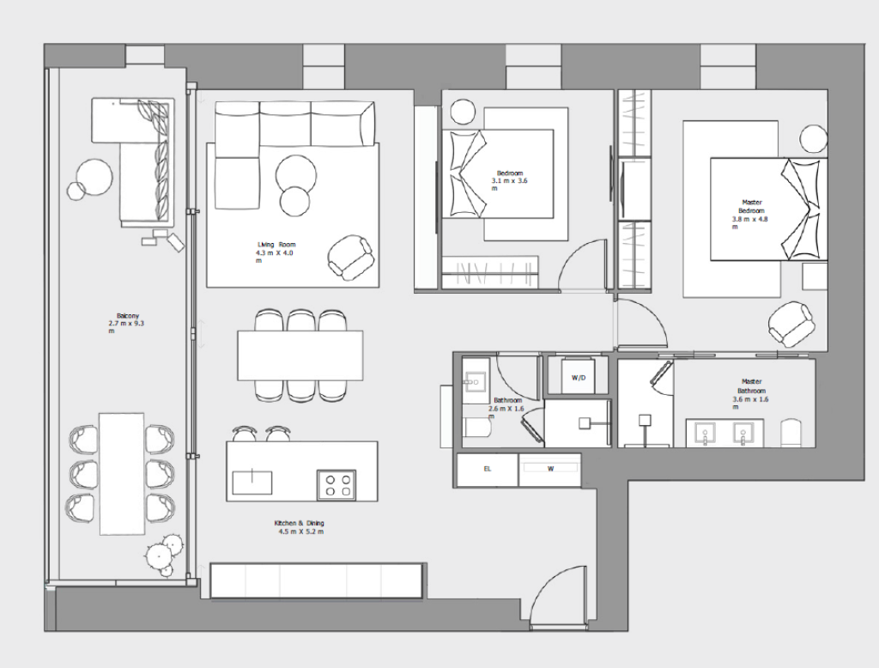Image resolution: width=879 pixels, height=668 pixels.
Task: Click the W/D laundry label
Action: click(579, 378)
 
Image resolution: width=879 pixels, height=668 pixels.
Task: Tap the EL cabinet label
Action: click(488, 469)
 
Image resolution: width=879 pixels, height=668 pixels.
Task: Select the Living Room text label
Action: click(276, 245)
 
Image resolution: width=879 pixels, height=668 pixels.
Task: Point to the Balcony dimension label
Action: click(126, 324)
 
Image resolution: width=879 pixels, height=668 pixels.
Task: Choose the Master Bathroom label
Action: click(751, 386)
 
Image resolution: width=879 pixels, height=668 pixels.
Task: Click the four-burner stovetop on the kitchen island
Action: click(336, 484)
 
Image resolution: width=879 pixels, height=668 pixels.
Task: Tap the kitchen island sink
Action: click(252, 483)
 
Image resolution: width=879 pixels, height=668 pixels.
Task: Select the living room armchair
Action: click(350, 258)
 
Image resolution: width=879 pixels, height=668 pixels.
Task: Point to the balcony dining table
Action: click(122, 474)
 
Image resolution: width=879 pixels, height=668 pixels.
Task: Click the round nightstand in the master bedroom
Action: click(814, 139)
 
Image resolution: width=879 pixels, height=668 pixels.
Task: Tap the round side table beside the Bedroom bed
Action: click(464, 112)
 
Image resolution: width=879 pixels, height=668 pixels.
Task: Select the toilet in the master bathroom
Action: click(790, 433)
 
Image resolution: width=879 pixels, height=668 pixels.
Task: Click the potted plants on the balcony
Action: click(164, 554)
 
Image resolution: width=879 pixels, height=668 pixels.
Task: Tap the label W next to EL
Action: click(550, 469)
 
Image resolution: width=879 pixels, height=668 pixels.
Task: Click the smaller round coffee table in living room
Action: click(295, 202)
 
